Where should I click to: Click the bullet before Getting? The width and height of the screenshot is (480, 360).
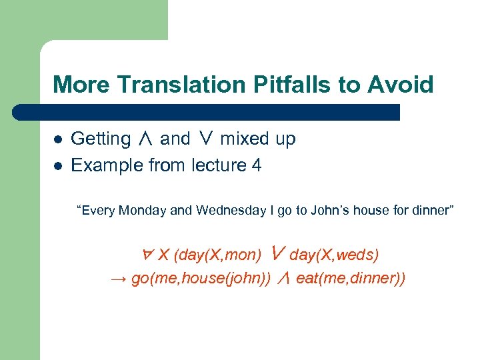coord(58,139)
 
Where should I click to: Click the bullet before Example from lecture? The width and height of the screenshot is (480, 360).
coord(58,165)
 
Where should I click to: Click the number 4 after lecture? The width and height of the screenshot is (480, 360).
coord(257,165)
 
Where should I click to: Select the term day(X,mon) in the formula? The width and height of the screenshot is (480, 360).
coord(217,255)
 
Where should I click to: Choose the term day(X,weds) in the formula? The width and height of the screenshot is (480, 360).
coord(335,255)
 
